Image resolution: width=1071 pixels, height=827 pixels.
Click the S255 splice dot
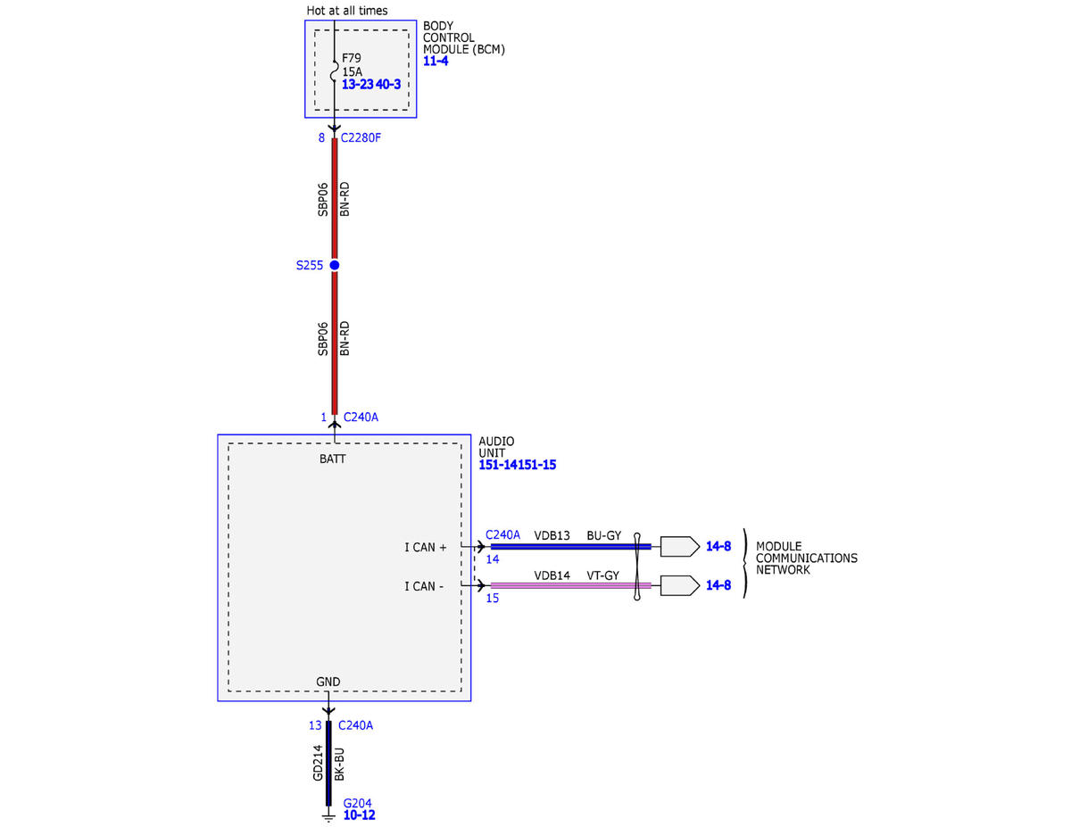click(x=334, y=265)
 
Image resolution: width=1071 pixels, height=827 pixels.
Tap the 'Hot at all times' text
click(x=347, y=11)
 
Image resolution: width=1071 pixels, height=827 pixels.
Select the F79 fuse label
click(x=352, y=58)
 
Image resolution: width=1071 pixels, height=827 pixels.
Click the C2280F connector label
click(x=361, y=138)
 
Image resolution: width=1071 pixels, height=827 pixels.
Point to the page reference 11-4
click(x=436, y=61)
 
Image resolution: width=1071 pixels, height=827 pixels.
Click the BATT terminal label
click(x=333, y=459)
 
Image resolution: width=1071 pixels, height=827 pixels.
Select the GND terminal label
click(x=328, y=682)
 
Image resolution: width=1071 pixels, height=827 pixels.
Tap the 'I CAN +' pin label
click(x=426, y=547)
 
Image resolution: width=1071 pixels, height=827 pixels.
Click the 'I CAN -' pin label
click(x=424, y=586)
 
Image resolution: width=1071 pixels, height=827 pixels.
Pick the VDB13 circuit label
click(x=552, y=535)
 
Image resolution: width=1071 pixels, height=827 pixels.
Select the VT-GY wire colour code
click(x=602, y=575)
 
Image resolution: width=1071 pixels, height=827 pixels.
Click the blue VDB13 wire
click(x=570, y=546)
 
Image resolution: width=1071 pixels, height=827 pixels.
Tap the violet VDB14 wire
click(x=570, y=585)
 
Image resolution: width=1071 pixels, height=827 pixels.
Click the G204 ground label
click(x=357, y=803)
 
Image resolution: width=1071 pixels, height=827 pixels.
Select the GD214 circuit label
click(x=318, y=763)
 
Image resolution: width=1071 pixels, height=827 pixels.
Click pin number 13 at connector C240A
click(x=315, y=725)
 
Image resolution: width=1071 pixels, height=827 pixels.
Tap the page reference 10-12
click(x=360, y=815)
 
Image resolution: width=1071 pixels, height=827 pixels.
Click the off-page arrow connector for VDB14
click(x=680, y=585)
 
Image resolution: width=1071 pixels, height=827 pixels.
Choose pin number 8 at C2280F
click(x=321, y=138)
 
